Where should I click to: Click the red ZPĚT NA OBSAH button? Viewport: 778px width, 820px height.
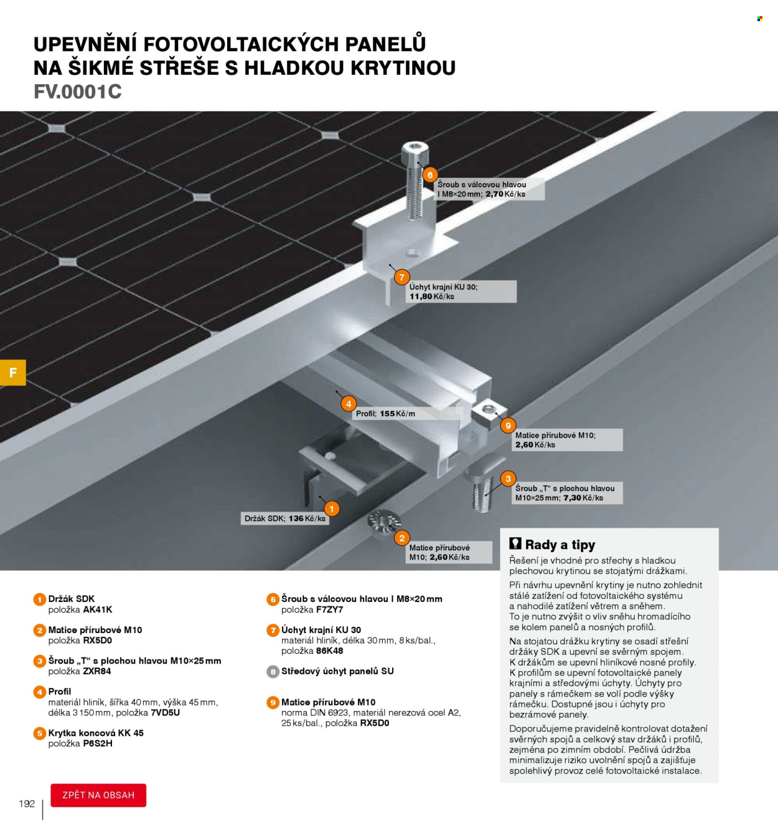(x=98, y=795)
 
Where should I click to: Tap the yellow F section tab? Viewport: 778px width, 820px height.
(x=13, y=373)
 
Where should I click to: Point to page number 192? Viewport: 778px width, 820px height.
(x=27, y=803)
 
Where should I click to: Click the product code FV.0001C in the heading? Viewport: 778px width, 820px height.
(x=78, y=92)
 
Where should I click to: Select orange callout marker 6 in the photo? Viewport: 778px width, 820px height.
(x=429, y=174)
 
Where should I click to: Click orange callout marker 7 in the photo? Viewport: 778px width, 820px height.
(x=401, y=277)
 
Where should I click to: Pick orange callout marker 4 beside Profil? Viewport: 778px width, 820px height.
(x=349, y=404)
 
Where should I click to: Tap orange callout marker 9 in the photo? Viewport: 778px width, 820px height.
(x=508, y=426)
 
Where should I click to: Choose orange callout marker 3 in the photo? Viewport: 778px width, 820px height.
(x=508, y=479)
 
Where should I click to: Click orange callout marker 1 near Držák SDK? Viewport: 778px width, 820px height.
(x=332, y=508)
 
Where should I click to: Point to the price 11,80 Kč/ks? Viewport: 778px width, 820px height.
(x=432, y=297)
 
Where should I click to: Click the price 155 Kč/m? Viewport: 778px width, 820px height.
(x=397, y=414)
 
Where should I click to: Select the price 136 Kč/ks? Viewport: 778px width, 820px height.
(x=307, y=518)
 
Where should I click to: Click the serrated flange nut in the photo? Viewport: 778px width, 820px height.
(x=384, y=521)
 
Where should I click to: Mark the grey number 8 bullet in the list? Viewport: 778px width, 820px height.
(x=273, y=672)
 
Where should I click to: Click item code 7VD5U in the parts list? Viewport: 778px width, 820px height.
(x=165, y=712)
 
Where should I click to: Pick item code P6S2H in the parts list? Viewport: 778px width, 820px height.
(x=98, y=743)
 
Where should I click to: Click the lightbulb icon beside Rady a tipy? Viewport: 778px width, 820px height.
(x=515, y=543)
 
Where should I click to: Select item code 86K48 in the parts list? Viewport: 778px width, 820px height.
(x=329, y=651)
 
